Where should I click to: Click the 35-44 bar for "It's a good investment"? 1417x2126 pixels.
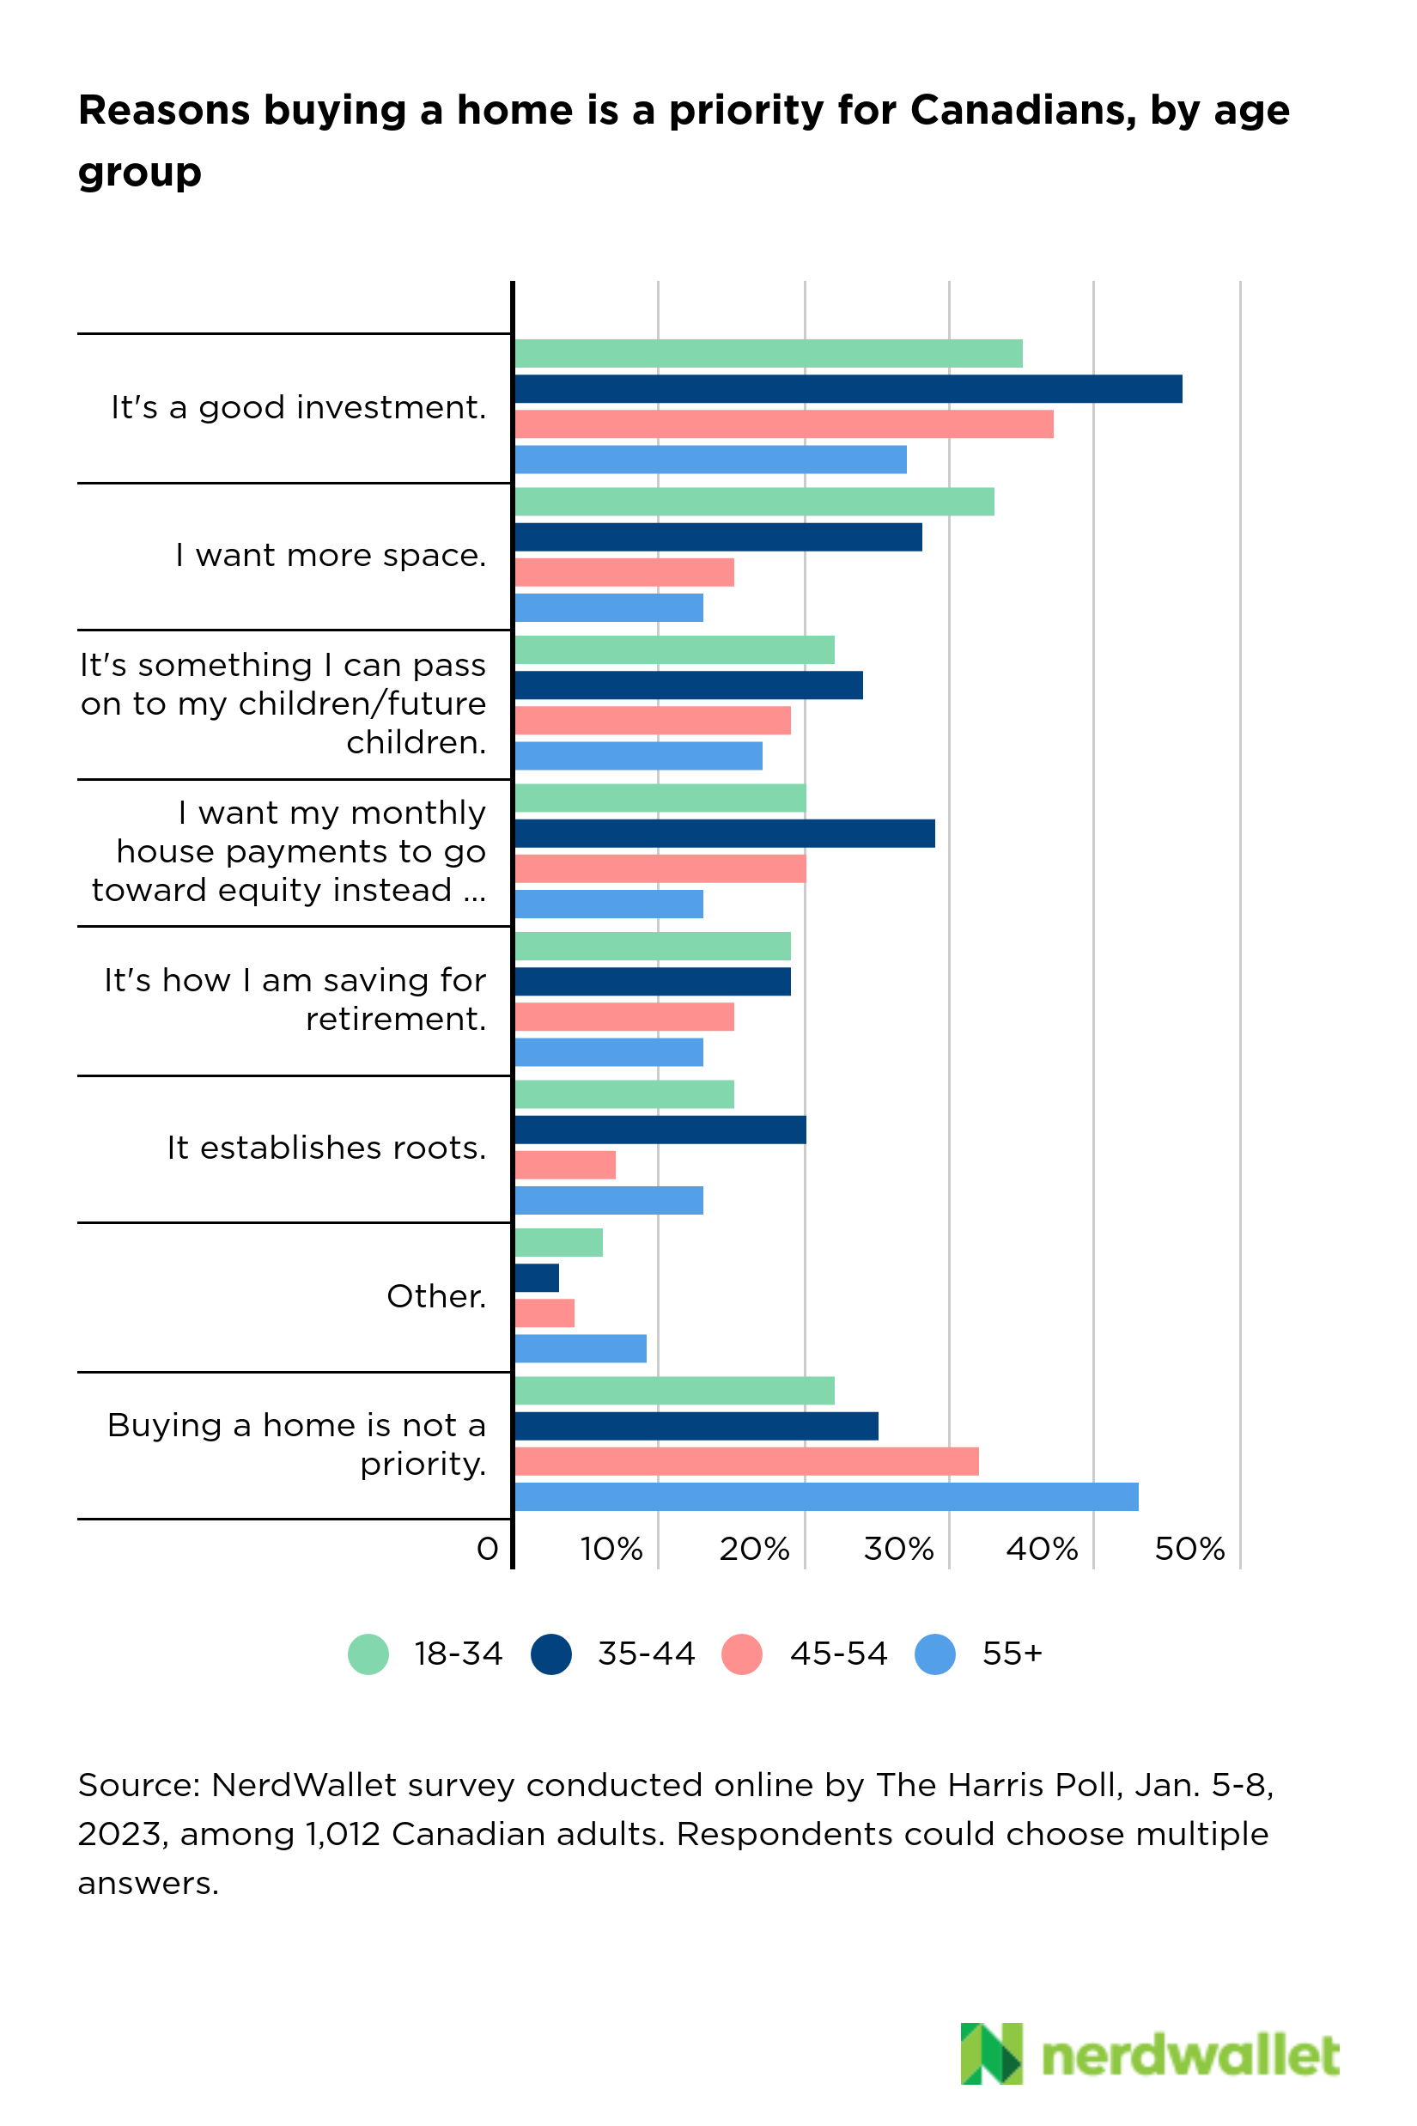point(848,388)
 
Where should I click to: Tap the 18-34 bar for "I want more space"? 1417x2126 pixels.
point(754,502)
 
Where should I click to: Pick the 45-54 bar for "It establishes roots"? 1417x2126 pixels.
point(565,1165)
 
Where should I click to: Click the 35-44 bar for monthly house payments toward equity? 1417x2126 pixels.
point(724,833)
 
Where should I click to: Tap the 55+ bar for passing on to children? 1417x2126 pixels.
point(638,756)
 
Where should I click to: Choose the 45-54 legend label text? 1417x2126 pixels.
point(839,1654)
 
